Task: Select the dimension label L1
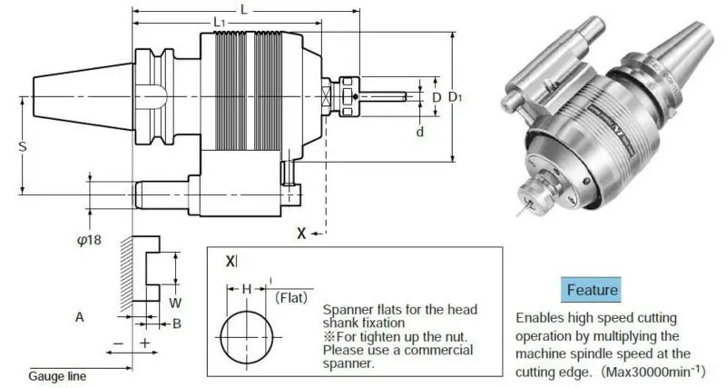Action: (x=219, y=22)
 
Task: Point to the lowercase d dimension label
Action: (x=419, y=132)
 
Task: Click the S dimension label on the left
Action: (x=21, y=145)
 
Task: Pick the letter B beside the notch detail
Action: (x=177, y=323)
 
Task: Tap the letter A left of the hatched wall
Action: (x=80, y=316)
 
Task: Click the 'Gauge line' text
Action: (x=56, y=374)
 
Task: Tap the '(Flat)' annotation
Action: (x=289, y=296)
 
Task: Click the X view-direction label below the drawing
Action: (x=301, y=233)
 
